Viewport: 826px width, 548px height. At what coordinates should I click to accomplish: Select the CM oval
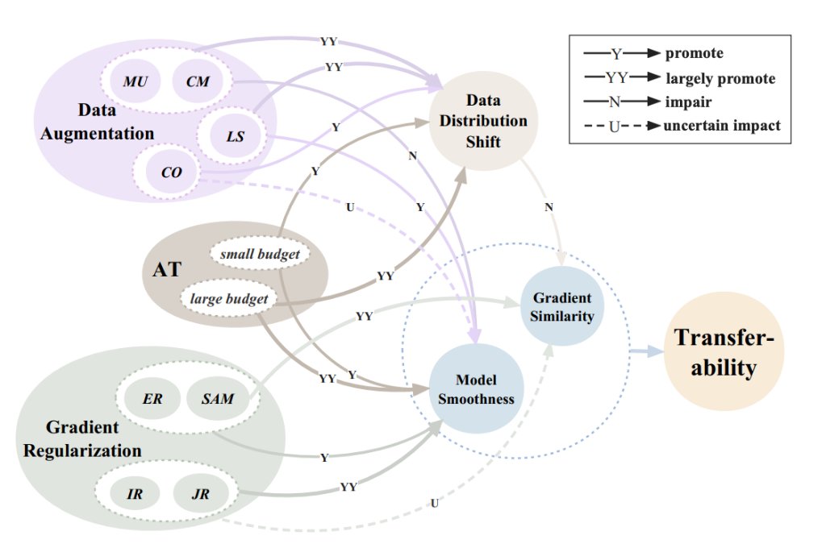point(198,81)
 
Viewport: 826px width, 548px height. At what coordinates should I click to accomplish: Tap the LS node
point(235,137)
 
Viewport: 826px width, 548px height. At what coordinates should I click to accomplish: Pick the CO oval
point(172,172)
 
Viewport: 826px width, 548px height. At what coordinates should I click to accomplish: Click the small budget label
point(260,255)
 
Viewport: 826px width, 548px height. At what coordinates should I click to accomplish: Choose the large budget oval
point(229,300)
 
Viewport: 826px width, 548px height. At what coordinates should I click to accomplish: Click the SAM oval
point(215,398)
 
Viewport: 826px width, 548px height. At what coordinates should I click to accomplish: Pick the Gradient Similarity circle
point(562,306)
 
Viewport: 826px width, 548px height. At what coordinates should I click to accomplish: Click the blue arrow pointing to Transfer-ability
point(645,351)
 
